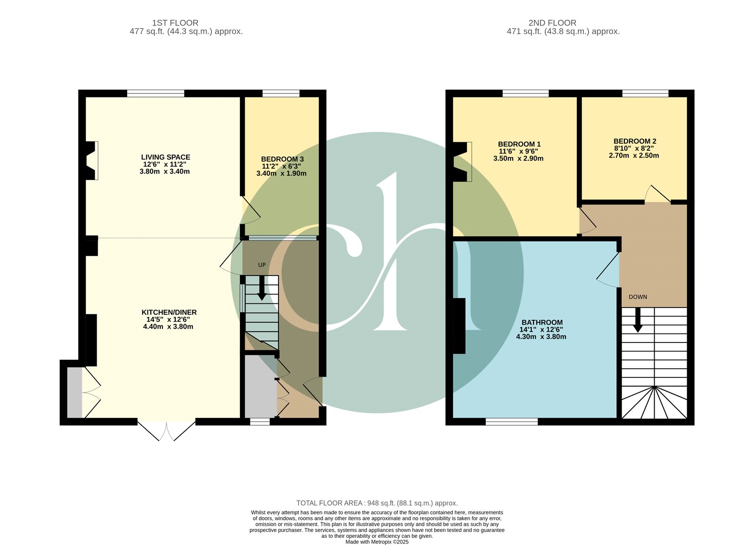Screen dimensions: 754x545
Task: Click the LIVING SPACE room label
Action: (x=165, y=157)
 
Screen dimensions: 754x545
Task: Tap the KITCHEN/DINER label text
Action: (x=169, y=312)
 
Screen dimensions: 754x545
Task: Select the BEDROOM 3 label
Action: (x=280, y=159)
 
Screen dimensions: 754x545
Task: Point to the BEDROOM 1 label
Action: (x=519, y=144)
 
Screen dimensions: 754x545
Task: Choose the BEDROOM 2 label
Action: (x=635, y=141)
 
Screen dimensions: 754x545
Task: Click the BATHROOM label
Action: (x=542, y=322)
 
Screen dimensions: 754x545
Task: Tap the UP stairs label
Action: (x=262, y=265)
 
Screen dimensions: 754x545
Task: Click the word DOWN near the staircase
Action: (x=638, y=297)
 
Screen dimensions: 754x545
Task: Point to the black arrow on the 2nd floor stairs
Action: (x=638, y=320)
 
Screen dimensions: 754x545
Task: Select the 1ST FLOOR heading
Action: (x=175, y=23)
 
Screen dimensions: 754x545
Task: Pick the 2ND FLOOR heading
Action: (x=552, y=23)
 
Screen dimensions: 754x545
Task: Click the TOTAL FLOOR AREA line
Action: (x=377, y=503)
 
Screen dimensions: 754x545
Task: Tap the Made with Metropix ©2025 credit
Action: (x=377, y=542)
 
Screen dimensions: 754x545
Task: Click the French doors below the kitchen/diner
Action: (x=166, y=431)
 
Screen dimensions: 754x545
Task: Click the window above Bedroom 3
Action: (x=281, y=93)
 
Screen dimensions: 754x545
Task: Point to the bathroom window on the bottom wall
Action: (x=512, y=422)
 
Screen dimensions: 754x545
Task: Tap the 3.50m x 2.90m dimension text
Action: (x=518, y=158)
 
